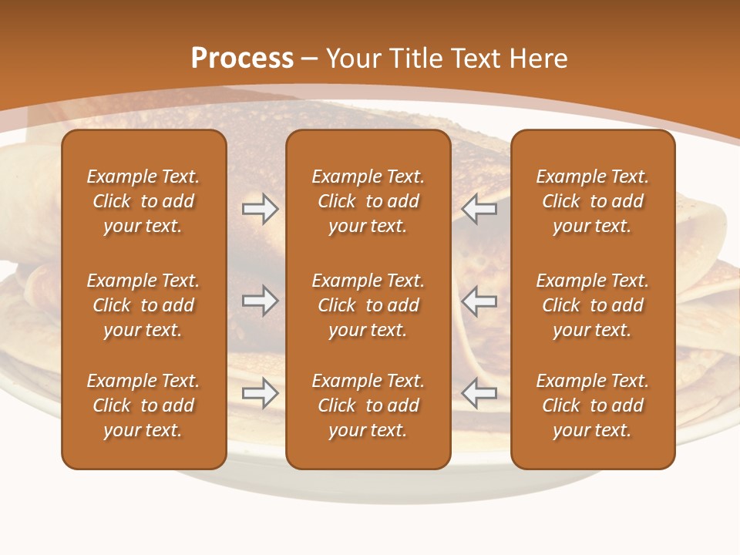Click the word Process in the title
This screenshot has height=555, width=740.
coord(242,59)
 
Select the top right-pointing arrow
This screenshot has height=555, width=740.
coord(260,209)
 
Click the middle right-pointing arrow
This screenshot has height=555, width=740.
coord(260,301)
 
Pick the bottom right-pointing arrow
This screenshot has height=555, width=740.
coord(260,393)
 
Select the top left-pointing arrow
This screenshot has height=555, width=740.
coord(479,209)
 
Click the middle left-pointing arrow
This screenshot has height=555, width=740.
coord(479,301)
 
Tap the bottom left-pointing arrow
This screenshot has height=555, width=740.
coord(479,393)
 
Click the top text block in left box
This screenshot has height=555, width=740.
coord(143,201)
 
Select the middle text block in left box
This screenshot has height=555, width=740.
coord(143,305)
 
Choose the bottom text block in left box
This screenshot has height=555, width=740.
coord(143,405)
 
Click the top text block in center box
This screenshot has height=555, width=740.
coord(368,201)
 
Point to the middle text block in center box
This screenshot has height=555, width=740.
coord(368,305)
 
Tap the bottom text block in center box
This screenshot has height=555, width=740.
coord(368,405)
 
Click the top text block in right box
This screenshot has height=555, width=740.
coord(592,201)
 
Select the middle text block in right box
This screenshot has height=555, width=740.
coord(592,305)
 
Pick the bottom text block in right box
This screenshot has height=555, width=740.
coord(592,405)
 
